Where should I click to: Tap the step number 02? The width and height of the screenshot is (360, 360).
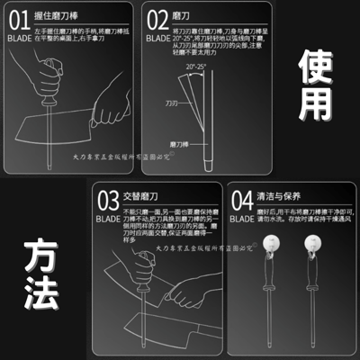tap(157, 17)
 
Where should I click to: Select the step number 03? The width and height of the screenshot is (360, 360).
tap(108, 224)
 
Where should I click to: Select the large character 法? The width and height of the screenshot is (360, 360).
tap(36, 300)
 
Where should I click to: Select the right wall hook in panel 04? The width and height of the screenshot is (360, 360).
tap(315, 267)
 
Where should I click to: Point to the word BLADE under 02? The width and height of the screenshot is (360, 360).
tap(157, 40)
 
